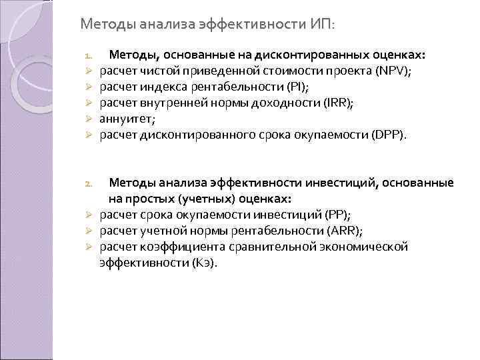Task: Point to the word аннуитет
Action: tap(124, 119)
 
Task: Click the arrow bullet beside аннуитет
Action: tap(87, 119)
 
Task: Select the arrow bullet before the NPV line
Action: tap(87, 71)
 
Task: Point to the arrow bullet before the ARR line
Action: tap(87, 231)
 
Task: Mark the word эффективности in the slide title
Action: tap(254, 25)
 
